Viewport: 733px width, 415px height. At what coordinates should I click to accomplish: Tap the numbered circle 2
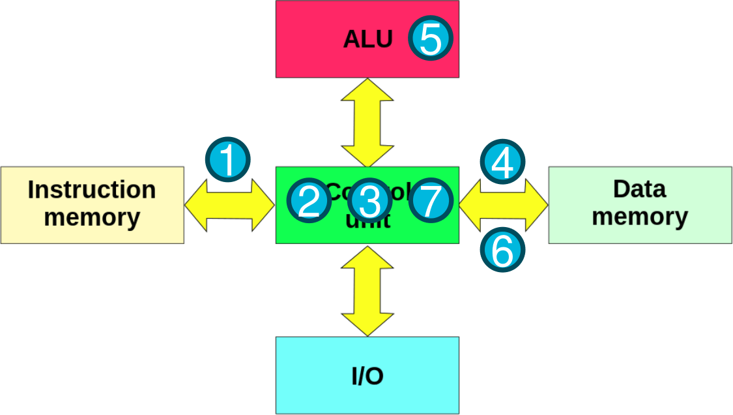coord(309,200)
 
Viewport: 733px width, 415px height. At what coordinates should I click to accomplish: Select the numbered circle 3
coord(369,200)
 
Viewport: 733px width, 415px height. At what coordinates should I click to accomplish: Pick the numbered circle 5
coord(431,39)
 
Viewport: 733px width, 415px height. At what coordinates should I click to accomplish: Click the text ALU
coord(367,40)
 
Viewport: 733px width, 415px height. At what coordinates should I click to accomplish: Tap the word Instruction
coord(92,190)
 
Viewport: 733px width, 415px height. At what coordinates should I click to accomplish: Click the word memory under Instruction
coord(92,217)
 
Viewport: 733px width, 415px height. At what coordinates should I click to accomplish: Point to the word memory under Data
coord(639,216)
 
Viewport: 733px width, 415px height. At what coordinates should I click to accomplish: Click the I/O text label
coord(367,376)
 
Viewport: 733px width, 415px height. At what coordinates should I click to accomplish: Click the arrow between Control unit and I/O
coord(367,290)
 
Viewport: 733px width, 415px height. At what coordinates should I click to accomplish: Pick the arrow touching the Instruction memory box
coord(229,205)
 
